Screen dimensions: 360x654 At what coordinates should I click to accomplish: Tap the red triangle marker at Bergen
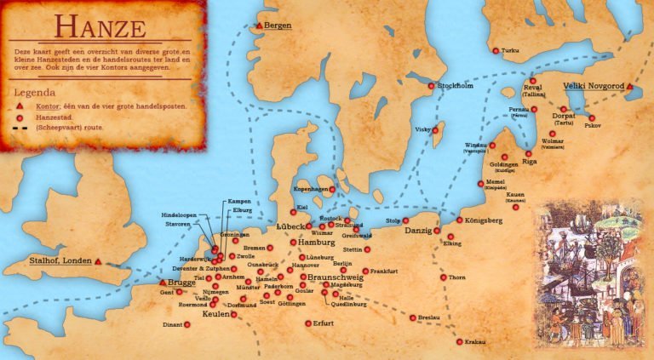(259, 26)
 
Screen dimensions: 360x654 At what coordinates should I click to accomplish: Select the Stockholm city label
(456, 85)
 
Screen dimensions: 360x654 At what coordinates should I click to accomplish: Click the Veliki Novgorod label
(593, 86)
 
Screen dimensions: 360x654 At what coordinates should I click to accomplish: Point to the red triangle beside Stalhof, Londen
(98, 260)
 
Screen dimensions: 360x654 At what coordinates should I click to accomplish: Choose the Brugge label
(181, 282)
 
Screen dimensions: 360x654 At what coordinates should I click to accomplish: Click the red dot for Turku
(496, 51)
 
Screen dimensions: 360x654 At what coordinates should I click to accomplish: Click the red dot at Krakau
(459, 341)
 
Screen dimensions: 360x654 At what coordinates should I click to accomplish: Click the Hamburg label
(317, 243)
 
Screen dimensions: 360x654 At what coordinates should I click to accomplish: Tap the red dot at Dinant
(189, 324)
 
